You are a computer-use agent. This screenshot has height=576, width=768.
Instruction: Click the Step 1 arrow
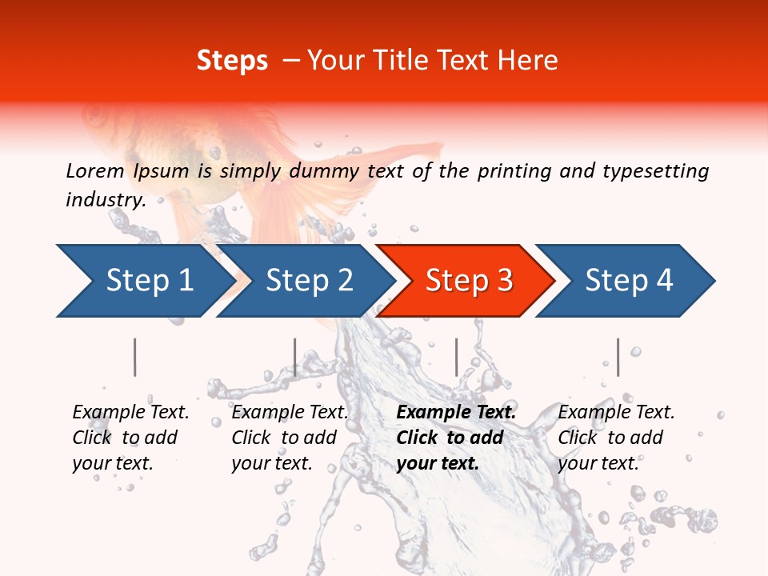coord(144,280)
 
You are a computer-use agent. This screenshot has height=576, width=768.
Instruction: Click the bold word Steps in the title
coord(232,61)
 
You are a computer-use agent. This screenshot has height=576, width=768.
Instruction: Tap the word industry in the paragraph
coord(105,199)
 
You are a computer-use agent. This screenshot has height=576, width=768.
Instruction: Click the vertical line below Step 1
coord(135,357)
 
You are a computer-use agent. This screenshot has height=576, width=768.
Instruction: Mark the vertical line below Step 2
coord(295,357)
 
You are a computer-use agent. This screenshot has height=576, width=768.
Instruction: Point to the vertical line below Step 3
coord(456,357)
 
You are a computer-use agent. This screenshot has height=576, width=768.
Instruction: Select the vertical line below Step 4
coord(618,357)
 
